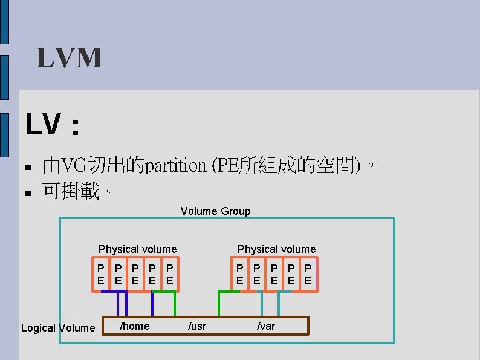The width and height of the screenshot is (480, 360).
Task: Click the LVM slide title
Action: [69, 59]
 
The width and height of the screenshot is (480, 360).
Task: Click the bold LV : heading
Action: [53, 126]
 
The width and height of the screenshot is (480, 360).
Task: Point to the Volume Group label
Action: [215, 211]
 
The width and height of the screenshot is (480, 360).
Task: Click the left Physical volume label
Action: [137, 249]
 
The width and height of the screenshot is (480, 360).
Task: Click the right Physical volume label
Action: [276, 249]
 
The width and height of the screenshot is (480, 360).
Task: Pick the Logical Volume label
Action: [58, 328]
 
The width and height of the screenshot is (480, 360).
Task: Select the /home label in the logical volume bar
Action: [135, 326]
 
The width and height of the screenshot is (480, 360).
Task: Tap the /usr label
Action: [197, 327]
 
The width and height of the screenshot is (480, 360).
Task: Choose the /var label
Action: [266, 327]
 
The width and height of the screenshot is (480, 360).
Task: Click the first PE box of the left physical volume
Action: [101, 274]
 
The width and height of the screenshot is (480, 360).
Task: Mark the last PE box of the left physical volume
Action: [170, 274]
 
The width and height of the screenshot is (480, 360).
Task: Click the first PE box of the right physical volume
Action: [240, 274]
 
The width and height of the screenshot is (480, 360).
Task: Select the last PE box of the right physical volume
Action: [308, 274]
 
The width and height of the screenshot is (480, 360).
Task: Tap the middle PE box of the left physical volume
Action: [135, 274]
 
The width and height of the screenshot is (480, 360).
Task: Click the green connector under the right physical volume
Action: [219, 303]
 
